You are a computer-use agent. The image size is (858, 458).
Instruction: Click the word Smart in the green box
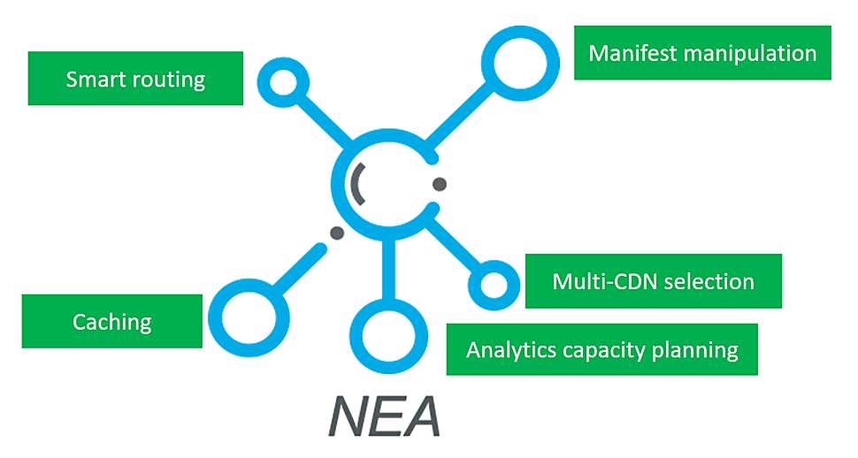pos(96,80)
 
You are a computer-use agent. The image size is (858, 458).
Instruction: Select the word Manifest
pos(628,53)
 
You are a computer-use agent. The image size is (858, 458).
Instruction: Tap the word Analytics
pos(511,349)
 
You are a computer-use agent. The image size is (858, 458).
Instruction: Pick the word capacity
pos(603,350)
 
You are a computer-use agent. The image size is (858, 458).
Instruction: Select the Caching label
pos(112,322)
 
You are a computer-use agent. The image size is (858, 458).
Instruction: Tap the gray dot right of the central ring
pos(439,184)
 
